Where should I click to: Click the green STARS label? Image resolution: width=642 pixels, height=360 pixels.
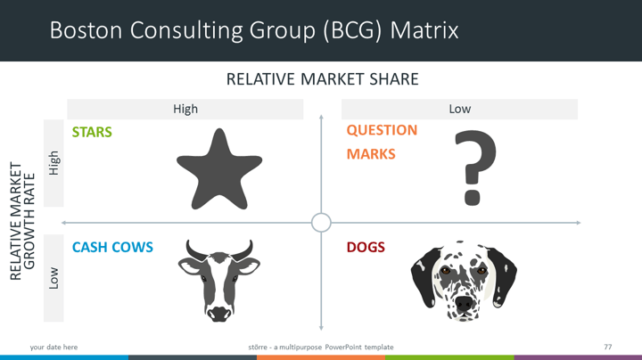pos(92,132)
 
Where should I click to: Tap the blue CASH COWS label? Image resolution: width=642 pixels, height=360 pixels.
pos(112,247)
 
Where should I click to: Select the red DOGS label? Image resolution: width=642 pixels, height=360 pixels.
pos(366,247)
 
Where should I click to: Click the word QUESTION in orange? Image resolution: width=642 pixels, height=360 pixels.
pos(382,130)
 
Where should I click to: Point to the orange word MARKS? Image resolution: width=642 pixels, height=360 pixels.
pos(371,154)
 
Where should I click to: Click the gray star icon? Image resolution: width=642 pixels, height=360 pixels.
pos(219,170)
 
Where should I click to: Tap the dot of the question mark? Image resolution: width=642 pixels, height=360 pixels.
pos(472,197)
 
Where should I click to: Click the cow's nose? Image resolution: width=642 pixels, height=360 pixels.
pos(219,315)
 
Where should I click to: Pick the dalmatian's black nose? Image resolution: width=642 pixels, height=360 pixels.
pos(464,303)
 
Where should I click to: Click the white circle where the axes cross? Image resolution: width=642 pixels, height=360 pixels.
pos(321,223)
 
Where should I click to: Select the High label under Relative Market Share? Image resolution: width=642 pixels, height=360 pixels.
pos(185,109)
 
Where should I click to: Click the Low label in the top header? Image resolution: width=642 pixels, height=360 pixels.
pos(460,109)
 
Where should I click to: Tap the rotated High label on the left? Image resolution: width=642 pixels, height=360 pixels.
pos(54,163)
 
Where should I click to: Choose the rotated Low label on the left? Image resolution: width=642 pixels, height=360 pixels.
pos(53,278)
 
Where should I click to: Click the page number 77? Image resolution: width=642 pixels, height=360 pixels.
pos(607,347)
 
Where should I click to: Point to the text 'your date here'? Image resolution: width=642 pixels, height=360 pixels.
pos(53,347)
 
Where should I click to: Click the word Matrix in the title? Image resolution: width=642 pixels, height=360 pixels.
pos(424,30)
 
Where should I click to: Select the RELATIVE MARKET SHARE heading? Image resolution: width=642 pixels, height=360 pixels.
pos(323,79)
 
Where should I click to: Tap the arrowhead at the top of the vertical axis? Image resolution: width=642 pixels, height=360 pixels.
pos(321,118)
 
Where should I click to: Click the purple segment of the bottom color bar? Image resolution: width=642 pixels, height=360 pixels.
pos(578,357)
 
